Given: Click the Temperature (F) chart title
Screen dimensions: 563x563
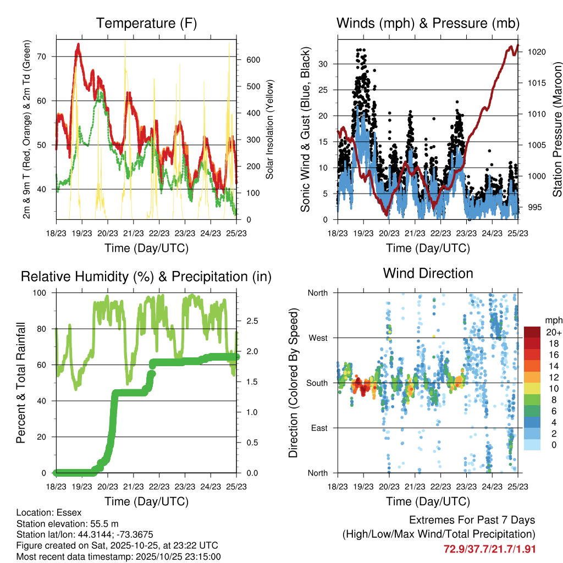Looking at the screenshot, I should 146,24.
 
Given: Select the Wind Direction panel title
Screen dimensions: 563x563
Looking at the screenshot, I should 428,273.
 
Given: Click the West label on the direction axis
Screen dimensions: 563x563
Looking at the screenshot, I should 318,338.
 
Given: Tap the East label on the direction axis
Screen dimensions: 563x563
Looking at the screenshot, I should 319,428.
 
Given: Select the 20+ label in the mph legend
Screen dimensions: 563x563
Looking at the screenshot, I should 553,332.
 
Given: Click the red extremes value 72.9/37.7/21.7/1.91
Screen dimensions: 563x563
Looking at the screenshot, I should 489,549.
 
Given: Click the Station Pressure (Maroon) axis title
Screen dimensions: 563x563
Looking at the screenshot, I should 557,129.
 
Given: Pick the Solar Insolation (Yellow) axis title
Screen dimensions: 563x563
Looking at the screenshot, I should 270,129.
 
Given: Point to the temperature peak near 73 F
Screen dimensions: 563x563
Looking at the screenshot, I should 79,45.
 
